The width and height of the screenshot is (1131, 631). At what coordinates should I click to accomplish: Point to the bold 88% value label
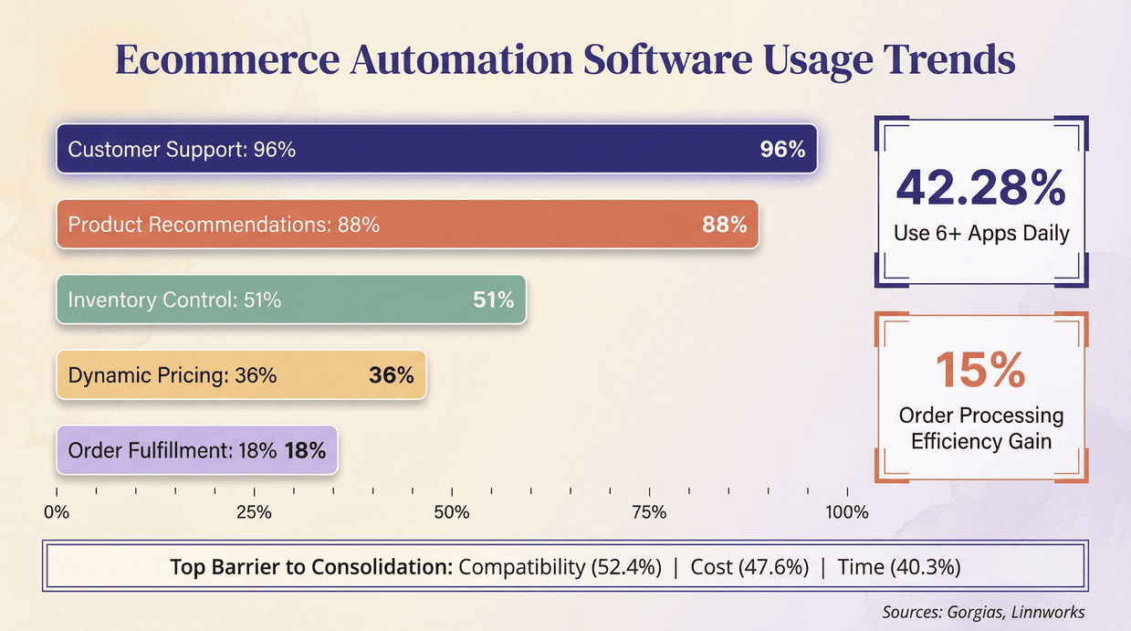tap(724, 225)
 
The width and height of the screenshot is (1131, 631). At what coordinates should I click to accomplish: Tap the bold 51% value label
tap(493, 300)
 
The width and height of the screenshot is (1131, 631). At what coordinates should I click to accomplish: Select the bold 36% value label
tap(391, 374)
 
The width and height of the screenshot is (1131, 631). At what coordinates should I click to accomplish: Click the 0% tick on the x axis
tap(57, 512)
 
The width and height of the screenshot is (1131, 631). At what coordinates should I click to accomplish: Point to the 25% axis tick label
tap(254, 512)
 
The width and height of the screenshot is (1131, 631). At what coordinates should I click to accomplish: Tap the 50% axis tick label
tap(452, 512)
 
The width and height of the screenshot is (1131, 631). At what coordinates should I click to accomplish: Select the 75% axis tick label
tap(649, 512)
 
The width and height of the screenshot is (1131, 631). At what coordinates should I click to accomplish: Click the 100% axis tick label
tap(846, 512)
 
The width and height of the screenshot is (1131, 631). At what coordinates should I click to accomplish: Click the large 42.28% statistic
tap(980, 187)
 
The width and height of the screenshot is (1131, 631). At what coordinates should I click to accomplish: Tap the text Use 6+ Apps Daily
tap(981, 234)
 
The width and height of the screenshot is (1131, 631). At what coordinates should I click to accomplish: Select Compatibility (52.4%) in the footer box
tap(560, 567)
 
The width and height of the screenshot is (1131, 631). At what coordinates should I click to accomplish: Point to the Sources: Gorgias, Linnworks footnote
tap(983, 612)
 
